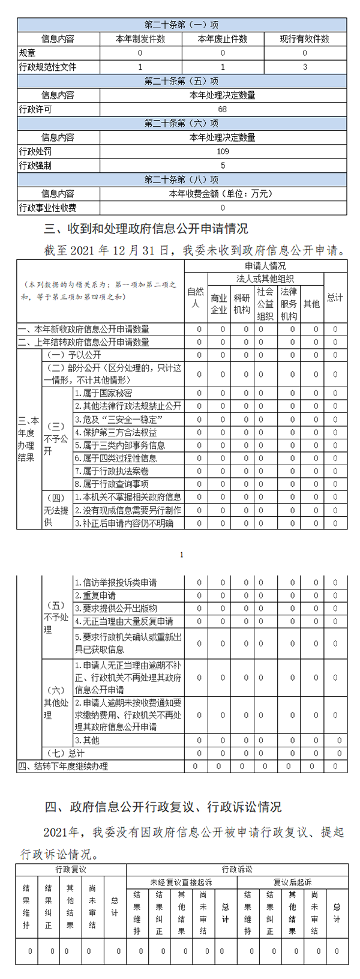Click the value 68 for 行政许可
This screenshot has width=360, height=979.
(223, 110)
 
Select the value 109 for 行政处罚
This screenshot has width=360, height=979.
(223, 151)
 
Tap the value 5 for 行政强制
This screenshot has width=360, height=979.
(223, 165)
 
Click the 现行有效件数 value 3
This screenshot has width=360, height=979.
(305, 67)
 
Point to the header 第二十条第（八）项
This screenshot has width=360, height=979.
(182, 179)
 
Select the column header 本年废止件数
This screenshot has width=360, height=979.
(223, 39)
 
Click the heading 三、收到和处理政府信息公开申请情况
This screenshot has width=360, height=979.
(146, 229)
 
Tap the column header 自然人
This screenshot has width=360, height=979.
(196, 297)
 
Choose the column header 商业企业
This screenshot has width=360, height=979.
(219, 304)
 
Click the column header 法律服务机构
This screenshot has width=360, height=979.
(289, 304)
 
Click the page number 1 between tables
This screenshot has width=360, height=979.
(182, 555)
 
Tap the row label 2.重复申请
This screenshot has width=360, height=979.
(96, 595)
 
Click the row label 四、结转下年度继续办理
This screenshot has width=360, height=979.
(64, 767)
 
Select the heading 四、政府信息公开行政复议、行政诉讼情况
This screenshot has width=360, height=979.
(163, 806)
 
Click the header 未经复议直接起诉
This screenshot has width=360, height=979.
(181, 882)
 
